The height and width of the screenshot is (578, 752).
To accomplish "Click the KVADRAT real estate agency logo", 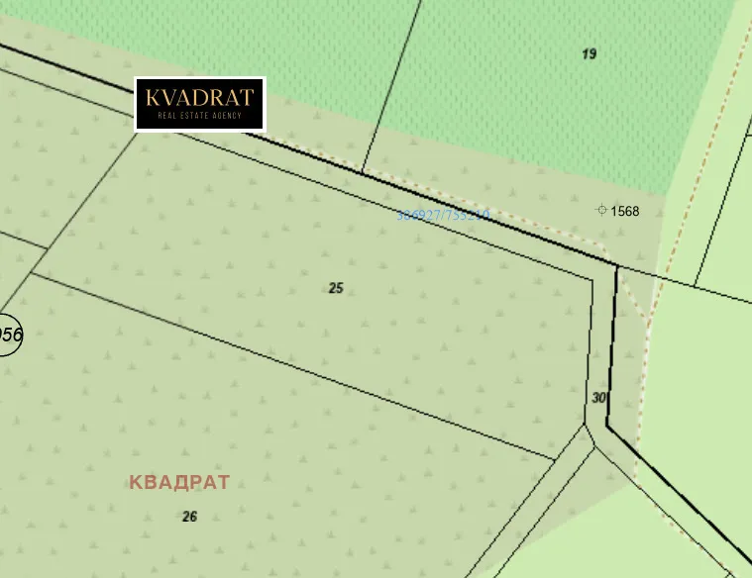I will [x=200, y=104].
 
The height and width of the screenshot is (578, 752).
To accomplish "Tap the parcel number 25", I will [x=336, y=288].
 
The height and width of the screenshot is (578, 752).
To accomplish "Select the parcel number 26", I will [x=190, y=516].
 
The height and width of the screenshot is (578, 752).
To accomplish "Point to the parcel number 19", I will [x=590, y=53].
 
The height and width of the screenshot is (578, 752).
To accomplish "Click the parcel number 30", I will [x=598, y=398].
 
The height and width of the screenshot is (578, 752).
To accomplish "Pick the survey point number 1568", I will [x=625, y=211].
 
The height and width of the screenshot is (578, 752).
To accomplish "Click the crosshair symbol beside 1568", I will [x=601, y=210].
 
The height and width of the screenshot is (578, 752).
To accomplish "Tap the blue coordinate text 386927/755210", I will [x=443, y=215].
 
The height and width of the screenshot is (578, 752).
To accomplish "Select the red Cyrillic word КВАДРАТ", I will [x=179, y=482].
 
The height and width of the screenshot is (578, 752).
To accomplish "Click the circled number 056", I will [x=8, y=334].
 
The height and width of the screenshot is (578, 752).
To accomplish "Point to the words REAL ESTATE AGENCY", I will [x=200, y=116].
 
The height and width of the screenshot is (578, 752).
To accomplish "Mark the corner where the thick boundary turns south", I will [x=617, y=266].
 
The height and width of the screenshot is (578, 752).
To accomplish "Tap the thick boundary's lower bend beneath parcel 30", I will [x=607, y=427].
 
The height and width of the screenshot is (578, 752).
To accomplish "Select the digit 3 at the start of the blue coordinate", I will [x=400, y=215].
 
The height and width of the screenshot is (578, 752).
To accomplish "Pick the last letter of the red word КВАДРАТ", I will [x=223, y=482].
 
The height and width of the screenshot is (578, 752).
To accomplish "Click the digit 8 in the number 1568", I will [x=635, y=211].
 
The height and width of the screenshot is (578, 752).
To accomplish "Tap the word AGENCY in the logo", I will [x=228, y=116].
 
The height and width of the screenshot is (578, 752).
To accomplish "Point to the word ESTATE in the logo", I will [x=199, y=116].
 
